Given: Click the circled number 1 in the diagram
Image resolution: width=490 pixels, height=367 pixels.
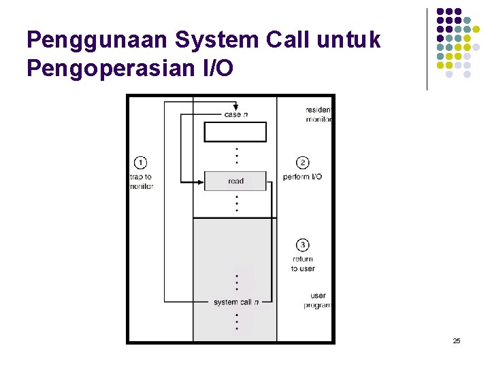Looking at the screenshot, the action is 140,162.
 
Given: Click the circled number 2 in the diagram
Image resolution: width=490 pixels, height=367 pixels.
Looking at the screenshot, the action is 303,162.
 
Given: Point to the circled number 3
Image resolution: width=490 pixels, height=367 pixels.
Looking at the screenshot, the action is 303,245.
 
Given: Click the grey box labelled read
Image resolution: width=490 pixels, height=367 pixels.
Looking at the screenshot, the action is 235,181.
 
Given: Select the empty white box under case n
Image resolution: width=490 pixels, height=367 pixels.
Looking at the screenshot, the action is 235,132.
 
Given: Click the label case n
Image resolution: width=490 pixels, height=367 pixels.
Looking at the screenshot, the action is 235,114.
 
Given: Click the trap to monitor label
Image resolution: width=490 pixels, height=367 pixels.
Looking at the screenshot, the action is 141,181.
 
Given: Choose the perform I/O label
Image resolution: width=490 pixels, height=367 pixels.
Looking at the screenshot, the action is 303,177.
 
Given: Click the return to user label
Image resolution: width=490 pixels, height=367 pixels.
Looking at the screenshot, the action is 303,264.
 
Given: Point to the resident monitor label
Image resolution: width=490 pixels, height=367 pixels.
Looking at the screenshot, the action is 318,114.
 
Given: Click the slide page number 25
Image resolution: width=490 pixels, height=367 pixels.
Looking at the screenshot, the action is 457,340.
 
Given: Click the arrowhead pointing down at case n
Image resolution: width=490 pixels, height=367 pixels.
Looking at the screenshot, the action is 235,107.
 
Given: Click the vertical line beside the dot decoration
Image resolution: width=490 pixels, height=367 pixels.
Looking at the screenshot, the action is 427,49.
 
